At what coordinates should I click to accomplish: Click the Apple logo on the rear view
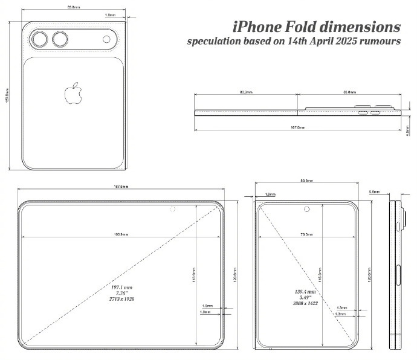click(x=74, y=94)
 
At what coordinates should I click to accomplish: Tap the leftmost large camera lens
click(x=42, y=40)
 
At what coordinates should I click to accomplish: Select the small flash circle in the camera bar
click(x=107, y=40)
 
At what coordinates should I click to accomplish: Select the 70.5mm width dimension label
click(x=307, y=234)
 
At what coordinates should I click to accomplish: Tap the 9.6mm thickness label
click(x=374, y=191)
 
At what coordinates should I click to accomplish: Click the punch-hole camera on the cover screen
click(x=307, y=210)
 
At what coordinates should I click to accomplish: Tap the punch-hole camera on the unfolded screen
click(x=173, y=210)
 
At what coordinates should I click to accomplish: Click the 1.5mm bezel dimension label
click(x=207, y=306)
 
